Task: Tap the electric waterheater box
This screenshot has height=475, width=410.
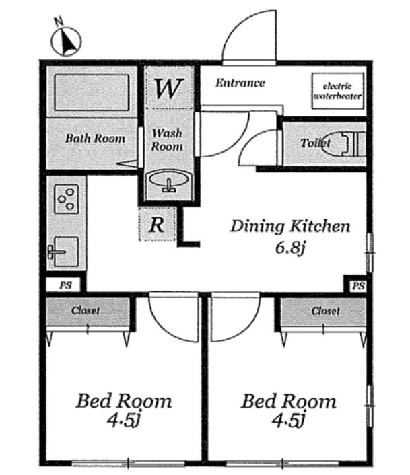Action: [337, 91]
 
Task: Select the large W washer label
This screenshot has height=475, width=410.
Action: [169, 88]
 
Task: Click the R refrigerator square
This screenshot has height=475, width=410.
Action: [158, 224]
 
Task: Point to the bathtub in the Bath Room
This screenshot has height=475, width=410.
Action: [92, 92]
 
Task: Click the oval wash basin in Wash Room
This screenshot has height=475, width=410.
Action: [169, 181]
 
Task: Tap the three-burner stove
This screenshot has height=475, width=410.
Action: [67, 199]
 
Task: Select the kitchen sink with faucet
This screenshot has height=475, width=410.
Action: [64, 252]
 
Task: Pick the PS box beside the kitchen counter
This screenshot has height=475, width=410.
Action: [64, 285]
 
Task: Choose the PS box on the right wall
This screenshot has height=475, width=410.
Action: [358, 286]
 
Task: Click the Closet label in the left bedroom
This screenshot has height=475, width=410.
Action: [86, 311]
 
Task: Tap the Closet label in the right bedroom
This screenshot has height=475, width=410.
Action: [325, 311]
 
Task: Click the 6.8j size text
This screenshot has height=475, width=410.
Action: [290, 248]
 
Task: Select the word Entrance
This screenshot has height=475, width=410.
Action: [240, 83]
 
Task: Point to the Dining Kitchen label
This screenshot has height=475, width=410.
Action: [290, 226]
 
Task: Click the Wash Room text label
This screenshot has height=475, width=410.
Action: [167, 140]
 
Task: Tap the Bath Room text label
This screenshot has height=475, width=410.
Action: [95, 139]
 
